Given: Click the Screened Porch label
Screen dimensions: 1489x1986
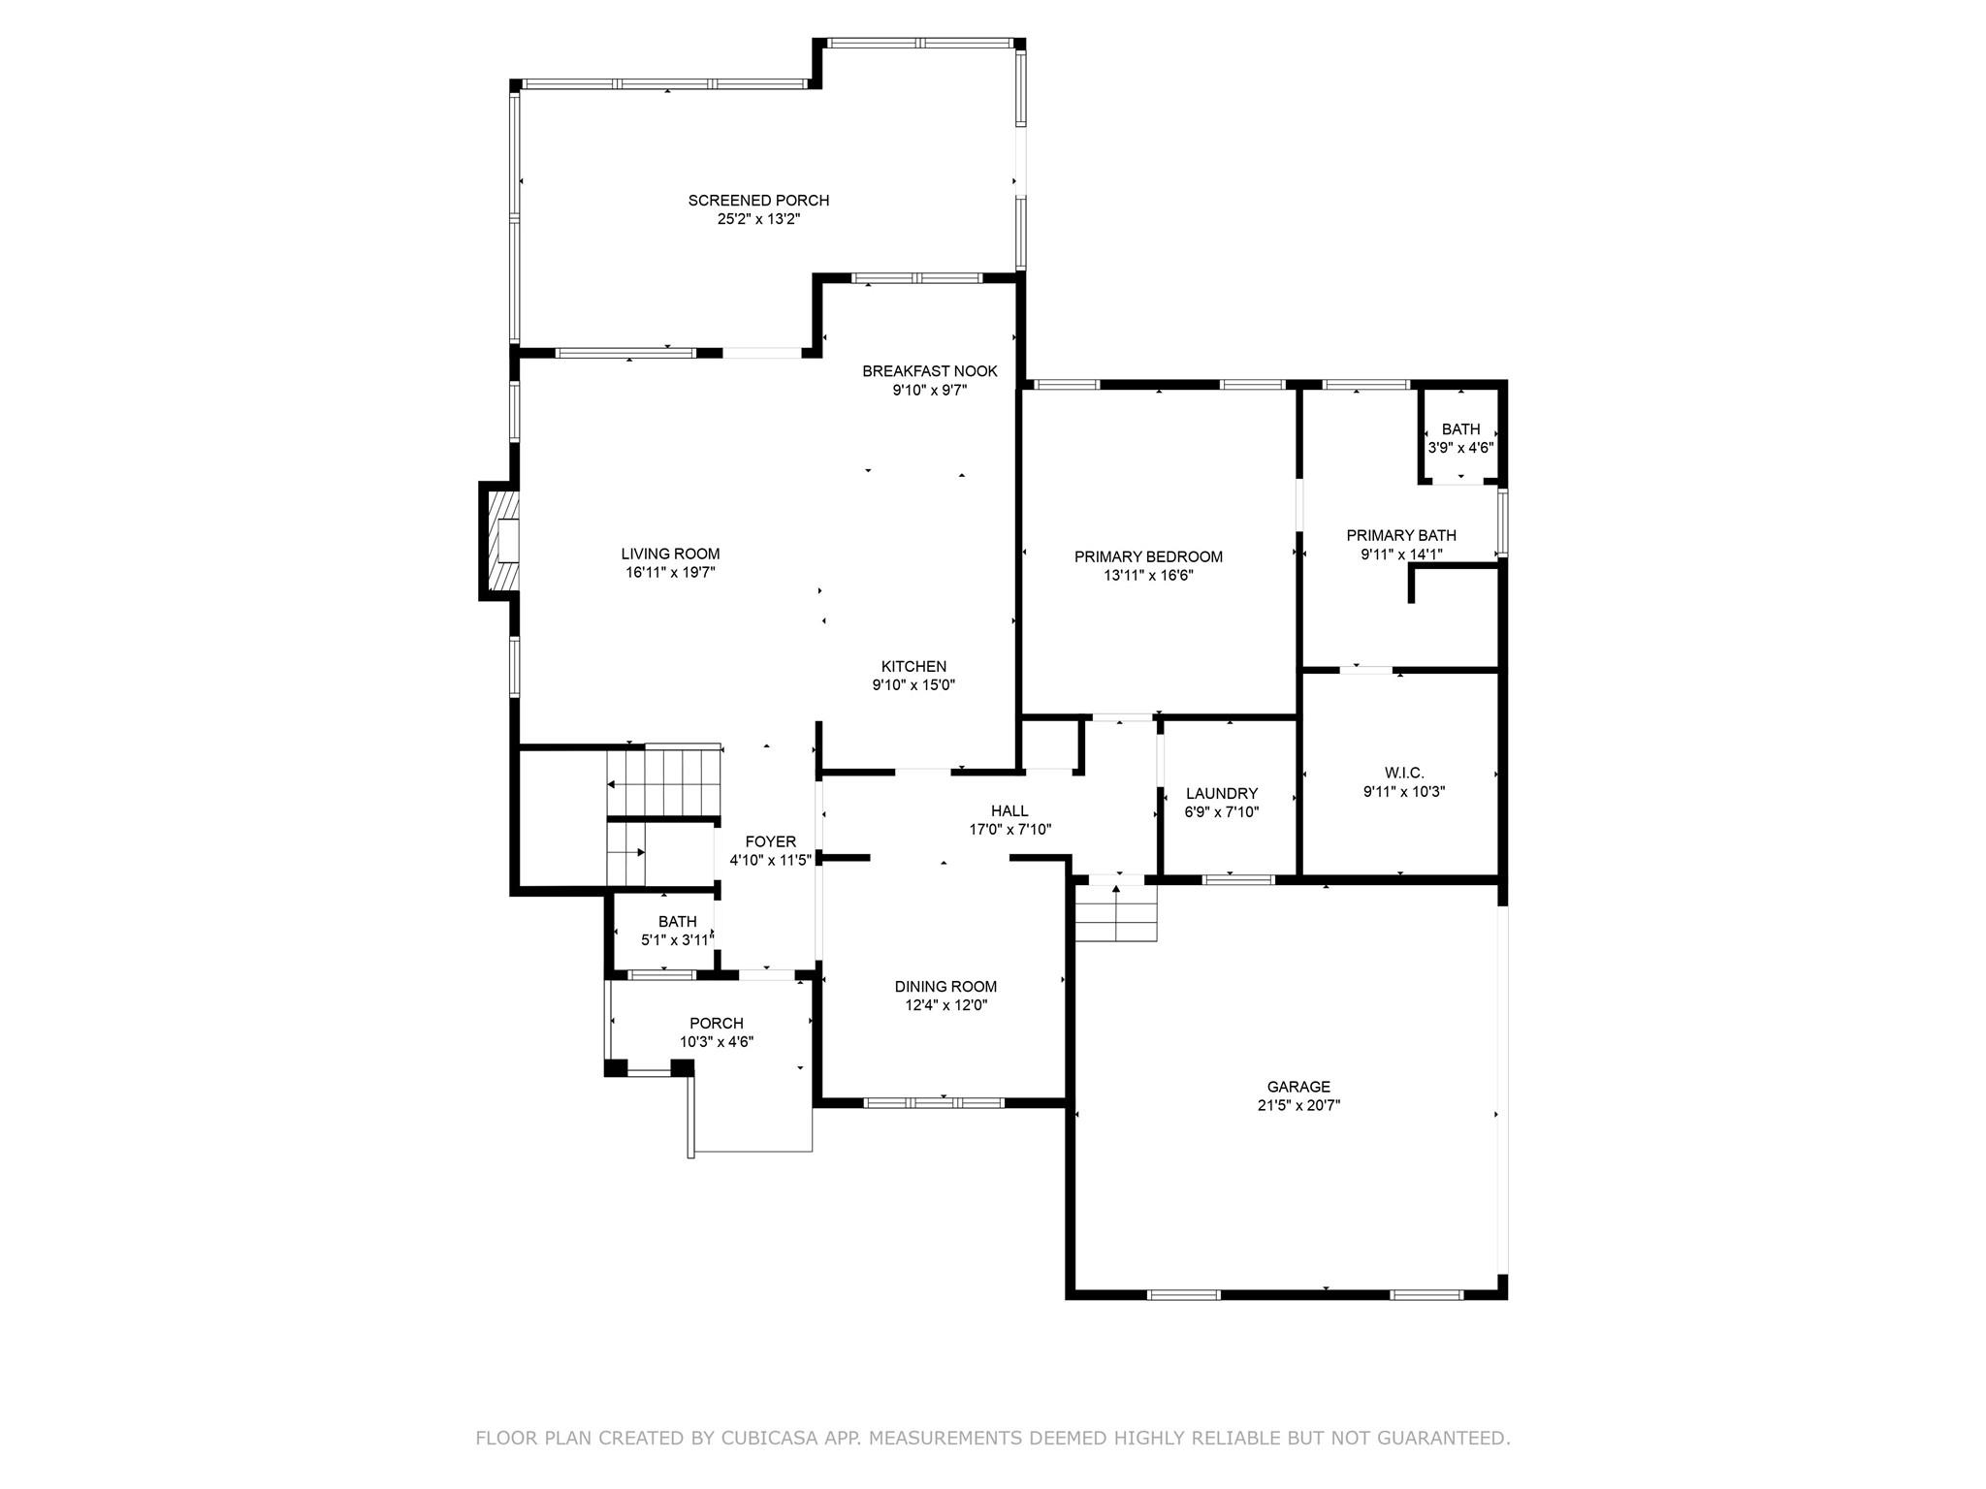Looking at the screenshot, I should tap(758, 201).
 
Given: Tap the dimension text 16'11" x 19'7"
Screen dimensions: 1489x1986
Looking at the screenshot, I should tap(670, 573).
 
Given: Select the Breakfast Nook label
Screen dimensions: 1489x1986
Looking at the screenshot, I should tap(929, 371).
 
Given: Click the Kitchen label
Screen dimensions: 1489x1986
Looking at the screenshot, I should tap(913, 666).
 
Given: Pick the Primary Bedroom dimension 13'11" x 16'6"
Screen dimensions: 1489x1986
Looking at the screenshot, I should tap(1148, 575).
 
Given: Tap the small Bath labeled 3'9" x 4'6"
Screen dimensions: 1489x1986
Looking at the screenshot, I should tap(1460, 438).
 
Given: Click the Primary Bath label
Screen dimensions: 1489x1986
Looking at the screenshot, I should tap(1400, 535).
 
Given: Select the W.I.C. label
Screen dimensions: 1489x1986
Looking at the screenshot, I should tap(1403, 773).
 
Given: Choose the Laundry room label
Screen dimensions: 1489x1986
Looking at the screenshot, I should tap(1221, 793).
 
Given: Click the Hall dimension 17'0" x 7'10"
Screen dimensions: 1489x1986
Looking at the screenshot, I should tap(1009, 830).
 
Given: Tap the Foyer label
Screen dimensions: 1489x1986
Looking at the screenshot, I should tap(770, 841).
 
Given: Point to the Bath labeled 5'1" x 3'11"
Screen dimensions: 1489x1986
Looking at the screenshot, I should tap(677, 931).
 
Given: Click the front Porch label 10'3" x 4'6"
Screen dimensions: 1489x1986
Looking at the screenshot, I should tap(717, 1024).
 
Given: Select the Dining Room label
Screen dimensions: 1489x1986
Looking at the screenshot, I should tap(945, 987).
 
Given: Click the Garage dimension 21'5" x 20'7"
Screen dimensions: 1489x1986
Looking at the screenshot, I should tap(1298, 1105).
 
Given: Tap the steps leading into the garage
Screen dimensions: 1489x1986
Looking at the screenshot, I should tap(1116, 913).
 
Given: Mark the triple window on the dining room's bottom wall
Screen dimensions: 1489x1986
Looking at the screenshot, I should tap(933, 1102).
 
